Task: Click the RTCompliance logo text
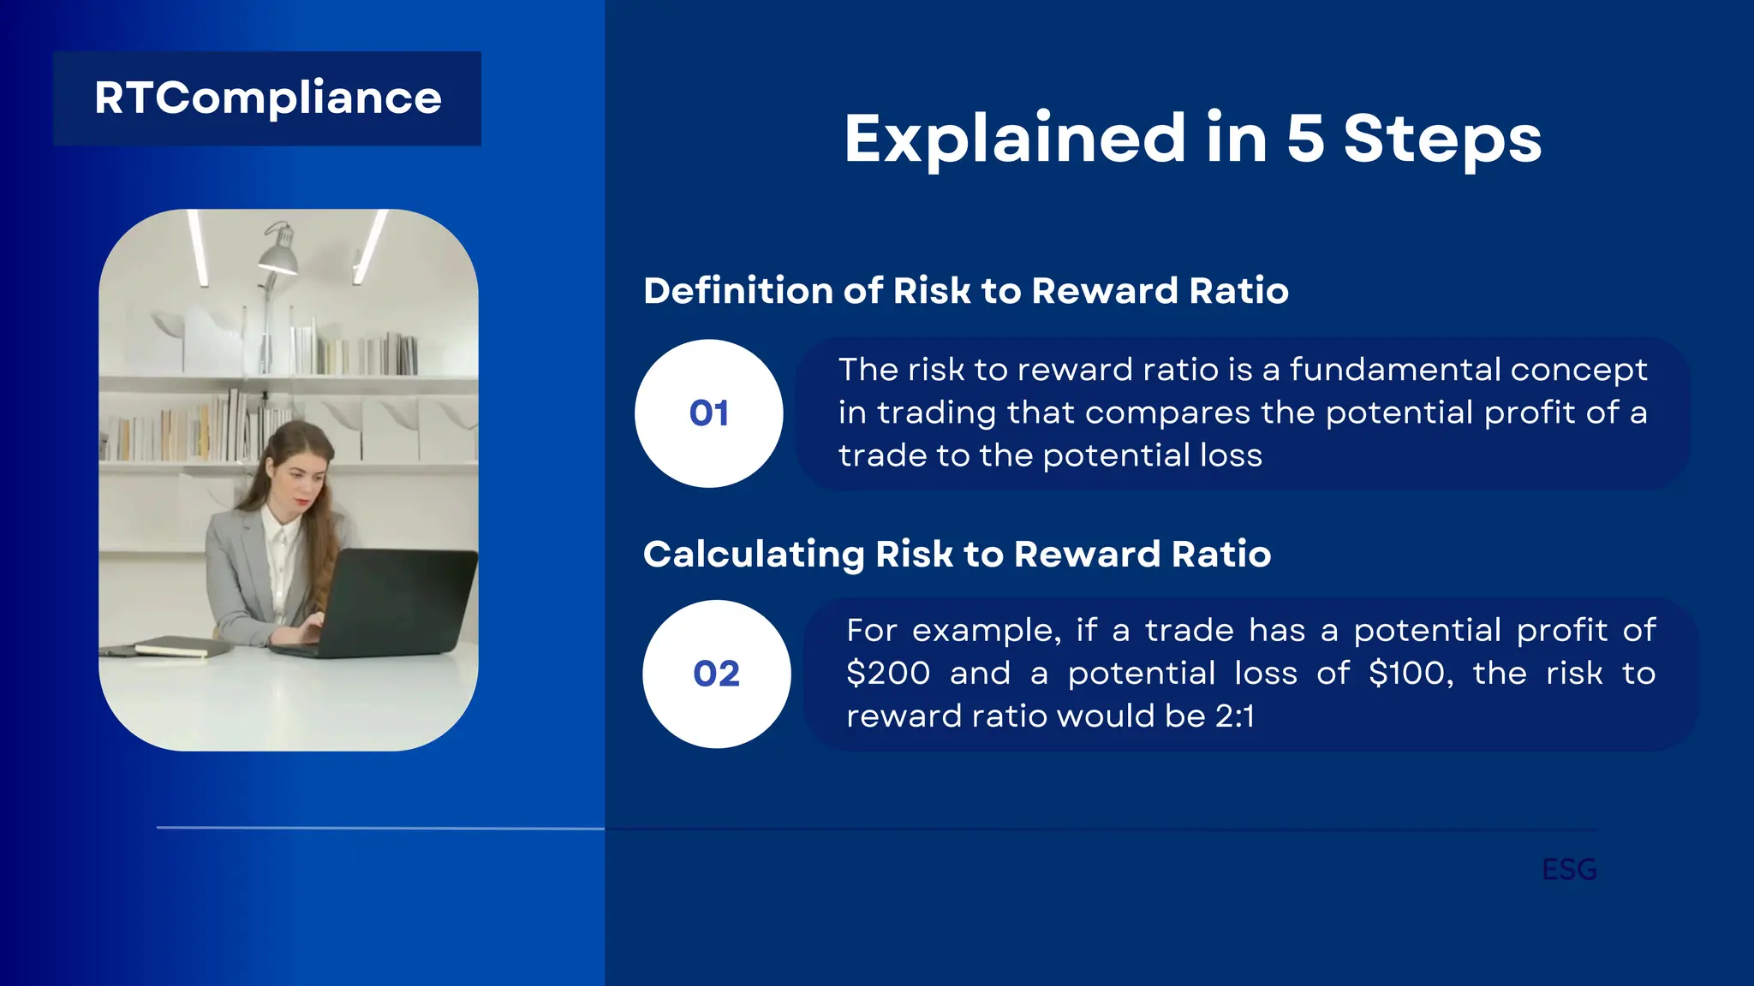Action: pos(267,98)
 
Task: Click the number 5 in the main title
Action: pos(1305,139)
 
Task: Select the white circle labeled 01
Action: pos(708,413)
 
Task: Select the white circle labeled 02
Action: pos(716,674)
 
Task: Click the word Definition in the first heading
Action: pos(737,291)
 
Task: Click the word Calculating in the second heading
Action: pos(754,555)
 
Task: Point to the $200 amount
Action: pos(887,674)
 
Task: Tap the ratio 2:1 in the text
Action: pos(1234,716)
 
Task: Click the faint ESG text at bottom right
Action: pos(1569,870)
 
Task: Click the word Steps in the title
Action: pos(1442,140)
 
